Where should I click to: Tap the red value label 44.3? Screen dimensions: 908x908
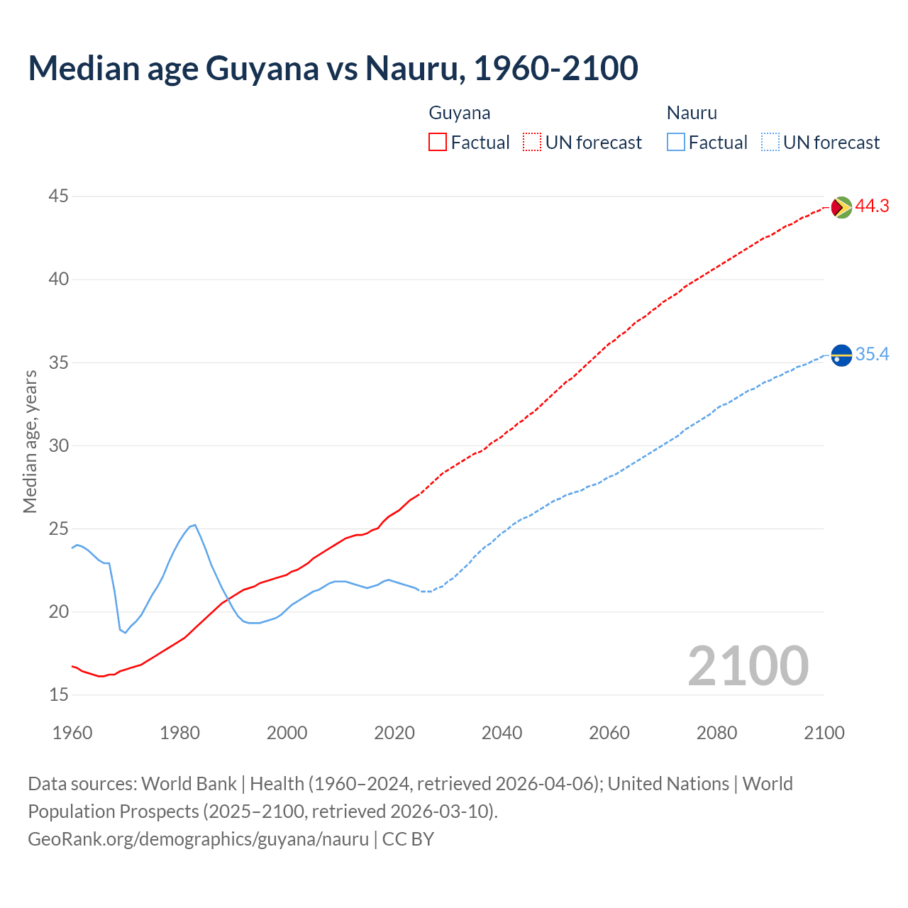click(872, 206)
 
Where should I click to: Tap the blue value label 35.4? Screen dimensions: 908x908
click(872, 354)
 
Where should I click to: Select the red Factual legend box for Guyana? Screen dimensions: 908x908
click(438, 143)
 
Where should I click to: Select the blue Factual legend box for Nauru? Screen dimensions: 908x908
click(676, 143)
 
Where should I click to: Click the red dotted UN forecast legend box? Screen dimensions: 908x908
click(532, 143)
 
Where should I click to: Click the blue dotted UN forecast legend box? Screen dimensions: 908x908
click(770, 143)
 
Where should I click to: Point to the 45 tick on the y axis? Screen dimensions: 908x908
click(59, 196)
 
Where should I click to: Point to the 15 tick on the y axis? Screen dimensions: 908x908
click(59, 694)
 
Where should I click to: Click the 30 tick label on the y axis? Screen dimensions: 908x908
click(59, 445)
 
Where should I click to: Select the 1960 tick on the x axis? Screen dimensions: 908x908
click(72, 732)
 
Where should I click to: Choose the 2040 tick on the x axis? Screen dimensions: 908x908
click(502, 732)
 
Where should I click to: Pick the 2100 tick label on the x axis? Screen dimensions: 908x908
click(824, 732)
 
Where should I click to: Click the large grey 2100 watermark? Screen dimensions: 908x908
click(748, 665)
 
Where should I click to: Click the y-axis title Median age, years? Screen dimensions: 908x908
click(30, 441)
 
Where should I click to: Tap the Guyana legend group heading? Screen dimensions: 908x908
click(459, 113)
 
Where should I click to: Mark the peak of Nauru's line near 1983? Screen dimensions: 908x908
click(194, 525)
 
